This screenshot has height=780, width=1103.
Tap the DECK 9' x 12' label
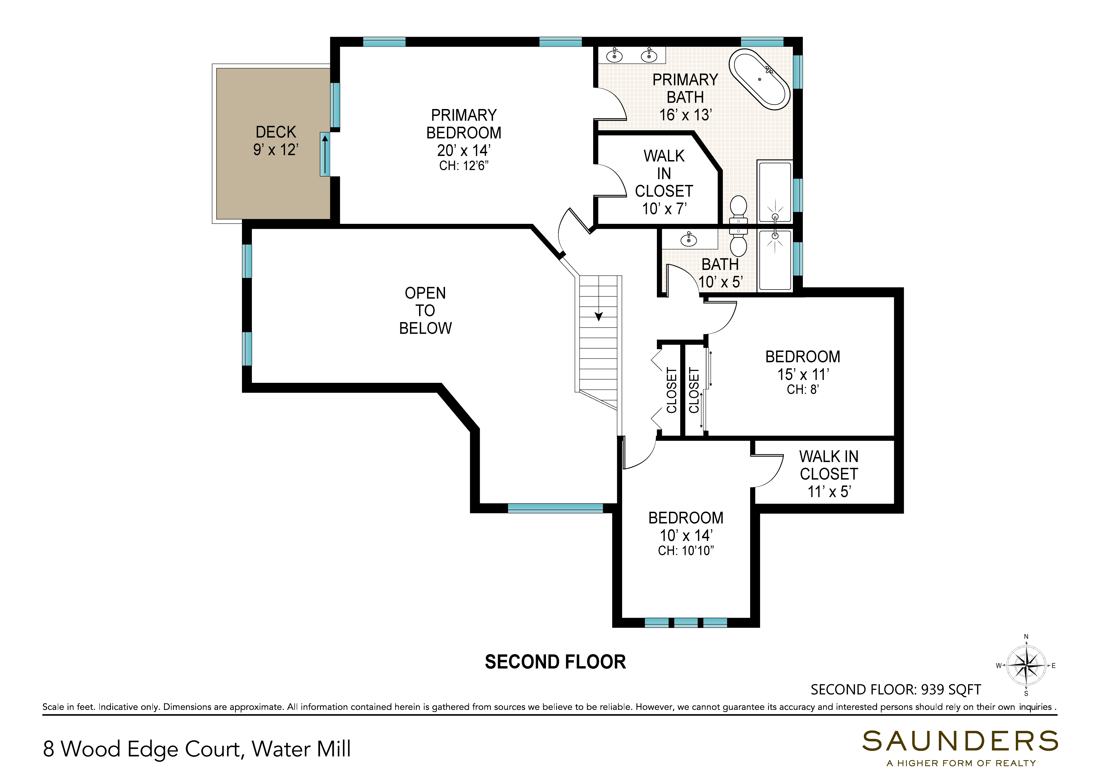pyautogui.click(x=276, y=141)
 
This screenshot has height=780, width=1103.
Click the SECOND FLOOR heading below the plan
pyautogui.click(x=555, y=662)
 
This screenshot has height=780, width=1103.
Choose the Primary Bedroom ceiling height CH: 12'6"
pyautogui.click(x=463, y=166)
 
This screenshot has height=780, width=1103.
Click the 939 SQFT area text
pyautogui.click(x=951, y=690)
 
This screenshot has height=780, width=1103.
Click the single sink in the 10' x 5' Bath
pyautogui.click(x=689, y=239)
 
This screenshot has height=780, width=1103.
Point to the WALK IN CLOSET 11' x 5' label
pyautogui.click(x=829, y=474)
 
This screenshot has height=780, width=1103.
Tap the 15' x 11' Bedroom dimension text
pyautogui.click(x=803, y=374)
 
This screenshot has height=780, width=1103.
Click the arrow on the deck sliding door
pyautogui.click(x=325, y=154)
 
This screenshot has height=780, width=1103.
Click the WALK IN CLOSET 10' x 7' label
pyautogui.click(x=664, y=182)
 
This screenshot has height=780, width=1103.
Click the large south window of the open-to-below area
pyautogui.click(x=555, y=508)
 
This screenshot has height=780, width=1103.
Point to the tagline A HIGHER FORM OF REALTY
pyautogui.click(x=961, y=763)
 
